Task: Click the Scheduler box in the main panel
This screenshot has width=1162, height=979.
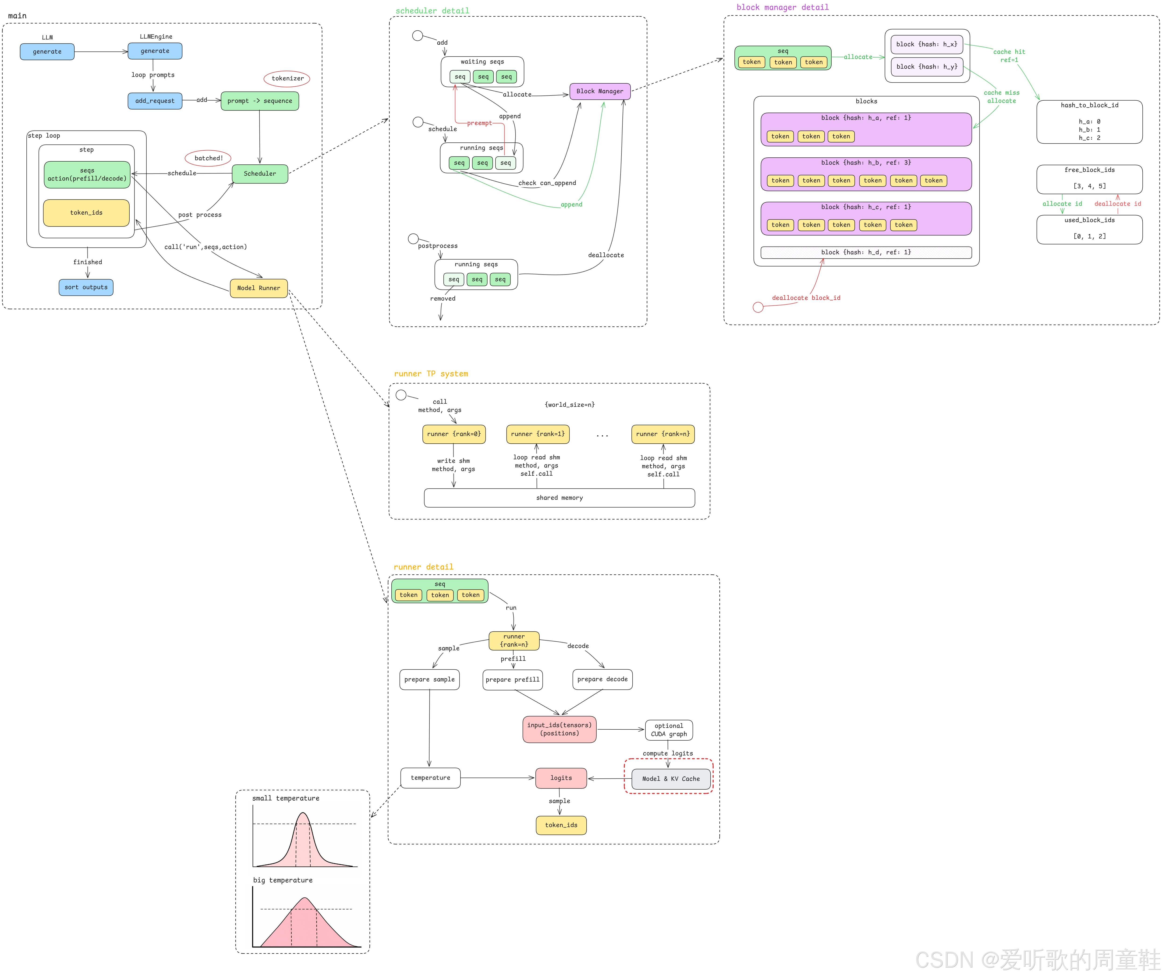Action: [260, 174]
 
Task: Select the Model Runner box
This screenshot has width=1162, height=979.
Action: [259, 288]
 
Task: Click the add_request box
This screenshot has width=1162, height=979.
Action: [155, 101]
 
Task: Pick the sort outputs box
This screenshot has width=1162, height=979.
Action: [86, 287]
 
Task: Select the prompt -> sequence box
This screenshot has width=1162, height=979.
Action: [260, 101]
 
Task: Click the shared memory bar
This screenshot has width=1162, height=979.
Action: [559, 498]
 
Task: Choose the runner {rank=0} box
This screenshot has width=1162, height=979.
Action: [454, 434]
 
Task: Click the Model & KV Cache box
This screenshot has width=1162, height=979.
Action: [671, 779]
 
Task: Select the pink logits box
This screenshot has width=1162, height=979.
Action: [561, 778]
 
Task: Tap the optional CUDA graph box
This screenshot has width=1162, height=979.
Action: [669, 730]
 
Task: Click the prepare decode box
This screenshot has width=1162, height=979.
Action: [602, 679]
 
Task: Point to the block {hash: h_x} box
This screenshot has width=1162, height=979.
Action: [926, 44]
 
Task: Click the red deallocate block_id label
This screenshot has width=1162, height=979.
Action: [806, 298]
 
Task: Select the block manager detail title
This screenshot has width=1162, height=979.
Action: [783, 7]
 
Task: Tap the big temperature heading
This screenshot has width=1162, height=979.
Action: [283, 880]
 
